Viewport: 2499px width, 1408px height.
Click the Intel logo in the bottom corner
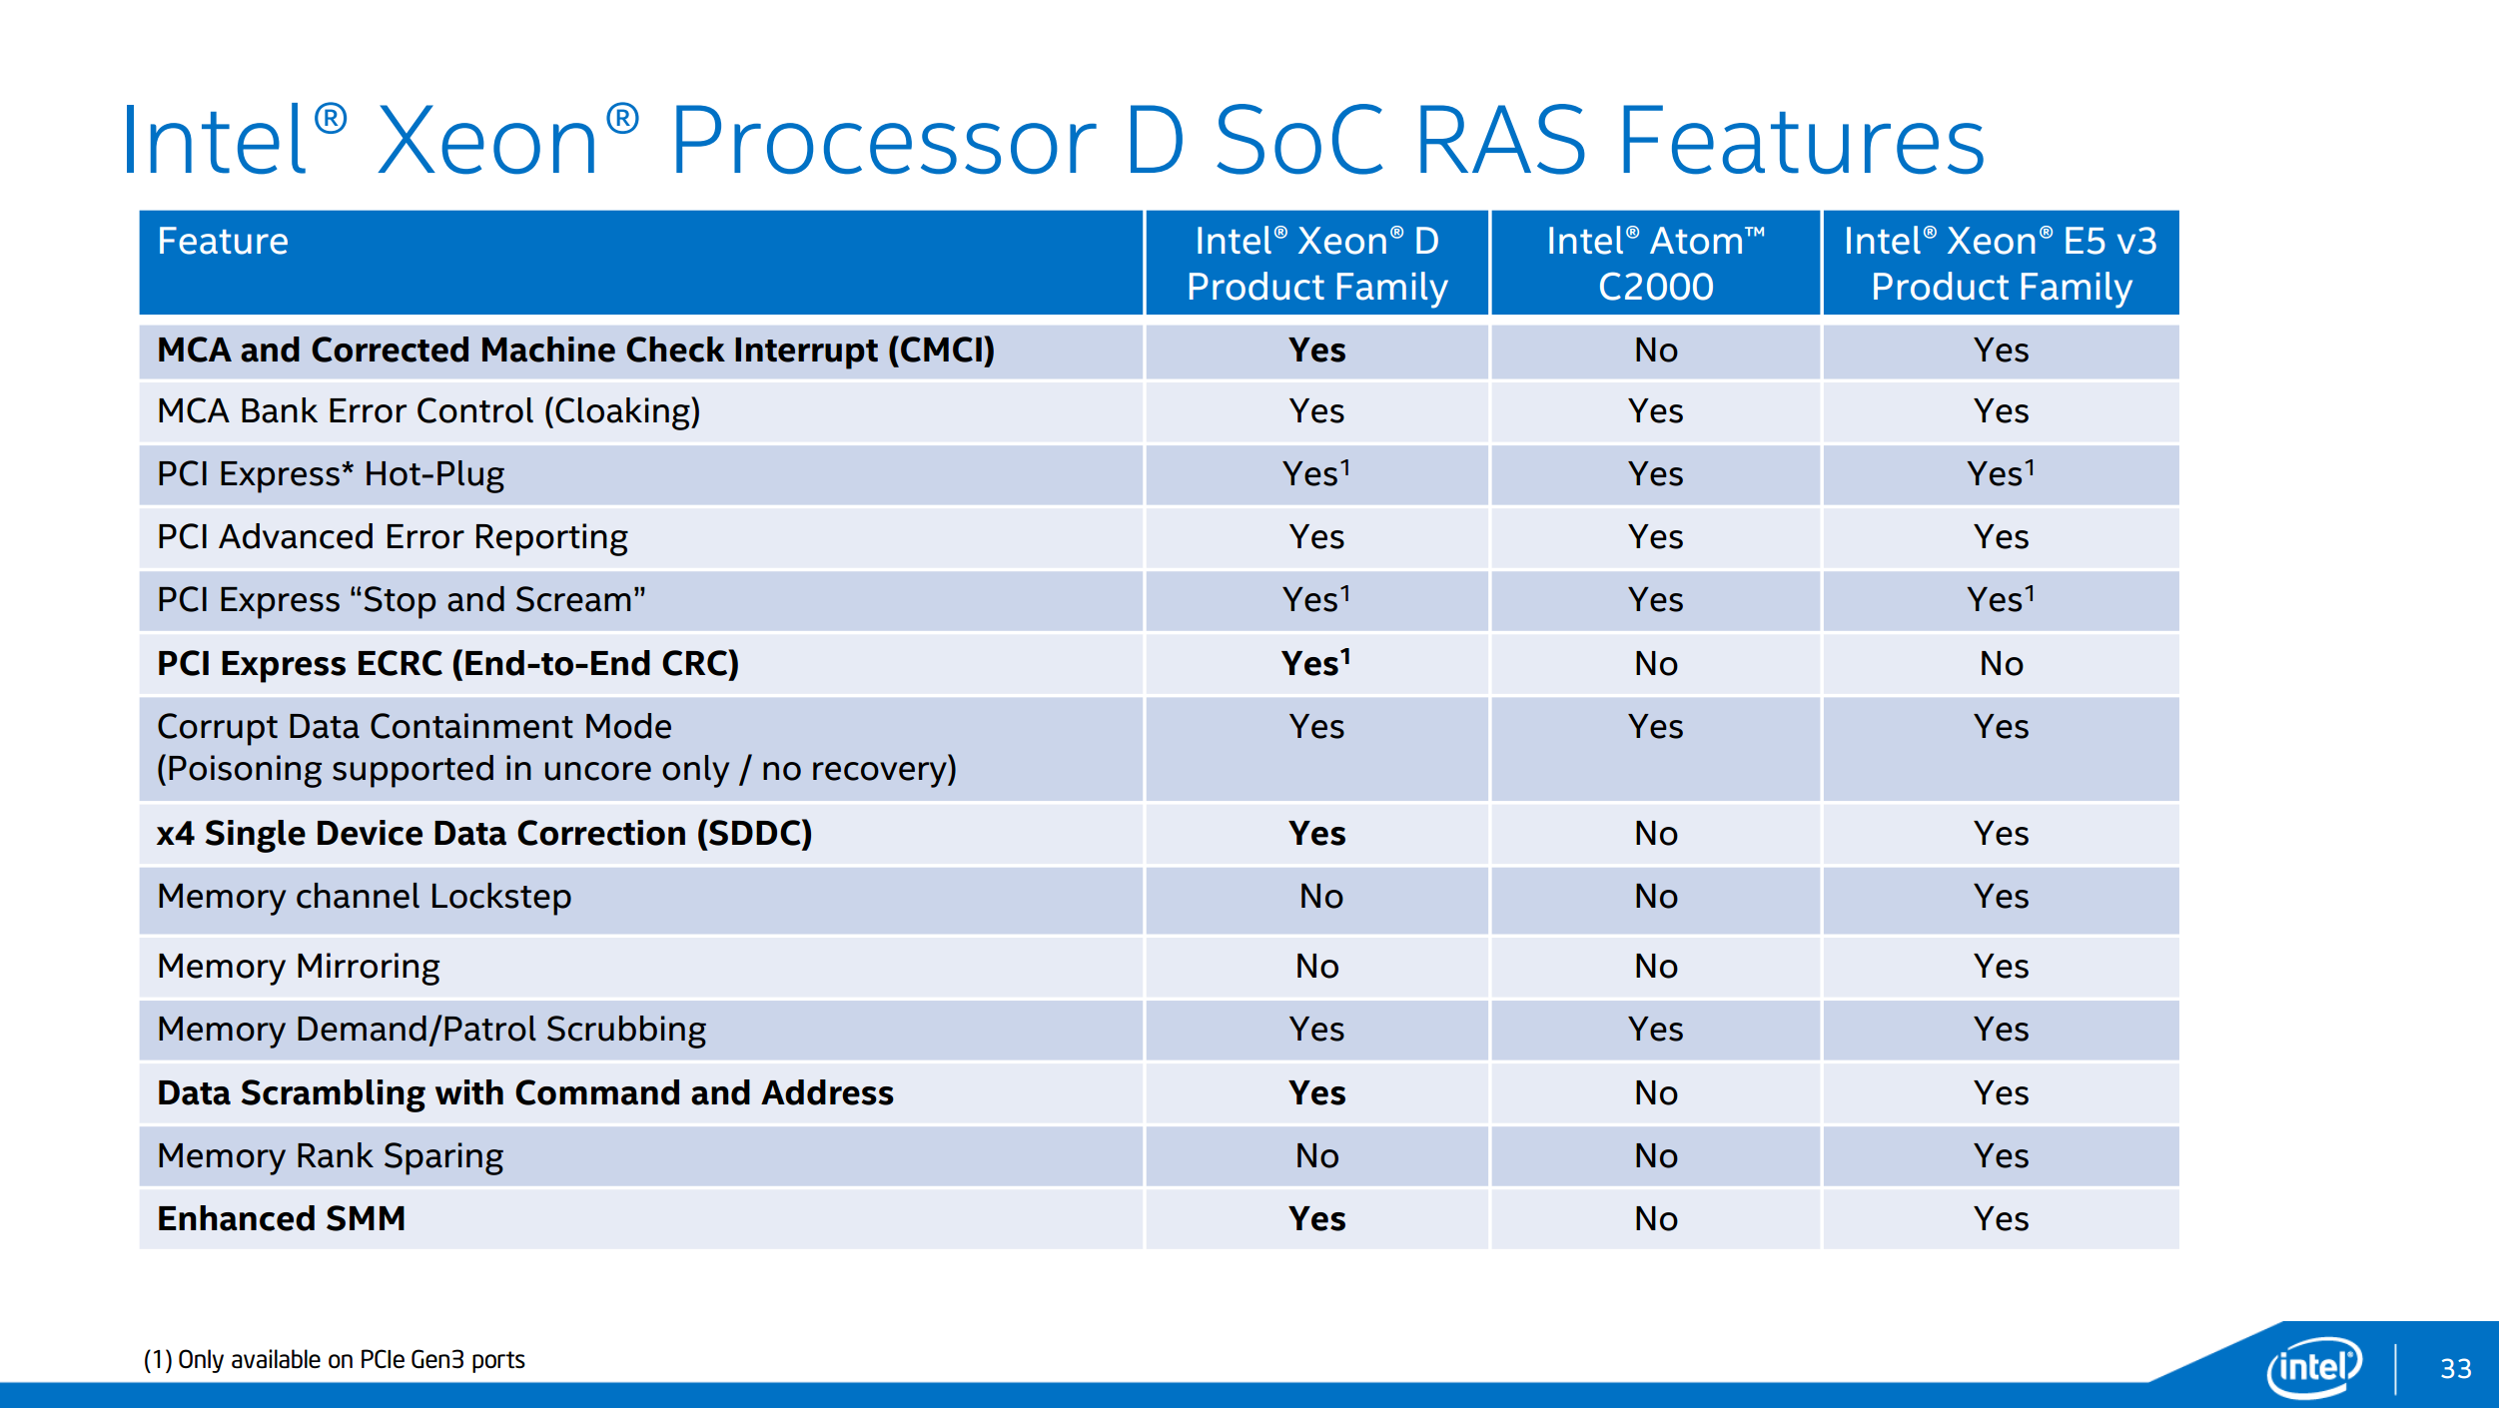click(x=2314, y=1367)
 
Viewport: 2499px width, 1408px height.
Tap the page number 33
click(x=2456, y=1368)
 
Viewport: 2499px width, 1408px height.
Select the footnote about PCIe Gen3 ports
click(x=334, y=1360)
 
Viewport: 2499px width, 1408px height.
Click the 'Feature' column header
click(x=223, y=242)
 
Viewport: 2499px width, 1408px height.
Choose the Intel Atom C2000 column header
click(x=1656, y=264)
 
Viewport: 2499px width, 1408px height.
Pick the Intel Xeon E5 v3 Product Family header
click(x=2001, y=264)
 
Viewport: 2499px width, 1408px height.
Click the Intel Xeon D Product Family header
click(x=1316, y=264)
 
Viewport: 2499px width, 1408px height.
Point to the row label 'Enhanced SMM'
click(x=281, y=1219)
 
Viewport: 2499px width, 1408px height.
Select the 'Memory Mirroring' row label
click(x=298, y=967)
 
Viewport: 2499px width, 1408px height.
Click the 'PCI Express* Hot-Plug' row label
click(x=331, y=474)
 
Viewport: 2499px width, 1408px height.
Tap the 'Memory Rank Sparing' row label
click(x=330, y=1156)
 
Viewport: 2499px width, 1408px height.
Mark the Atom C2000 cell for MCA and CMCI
click(x=1656, y=351)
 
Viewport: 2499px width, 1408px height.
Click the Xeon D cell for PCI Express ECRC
click(x=1316, y=663)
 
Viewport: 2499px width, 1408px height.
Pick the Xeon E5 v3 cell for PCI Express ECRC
click(x=2001, y=664)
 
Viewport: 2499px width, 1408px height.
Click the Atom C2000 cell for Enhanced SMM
click(x=1656, y=1219)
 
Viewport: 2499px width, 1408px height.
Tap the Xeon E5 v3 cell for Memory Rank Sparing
click(x=2001, y=1156)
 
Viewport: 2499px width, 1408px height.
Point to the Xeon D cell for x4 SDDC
click(x=1316, y=834)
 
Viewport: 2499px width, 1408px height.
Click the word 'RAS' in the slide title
click(x=1500, y=141)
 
